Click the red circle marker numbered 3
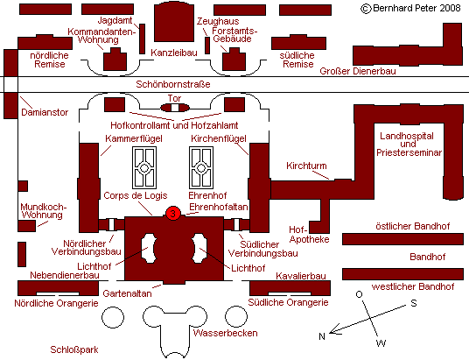point(173,214)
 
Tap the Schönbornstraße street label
point(173,84)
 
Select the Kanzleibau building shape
point(174,23)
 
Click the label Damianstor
point(45,112)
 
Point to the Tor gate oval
point(175,108)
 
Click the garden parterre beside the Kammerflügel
point(144,167)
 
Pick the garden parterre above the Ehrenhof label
point(201,167)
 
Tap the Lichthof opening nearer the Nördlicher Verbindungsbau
point(149,248)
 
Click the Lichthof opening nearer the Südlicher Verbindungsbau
point(199,248)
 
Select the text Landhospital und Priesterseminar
point(409,144)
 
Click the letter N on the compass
point(322,336)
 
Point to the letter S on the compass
point(414,303)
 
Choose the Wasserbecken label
point(225,333)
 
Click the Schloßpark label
point(74,349)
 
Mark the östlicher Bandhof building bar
point(402,239)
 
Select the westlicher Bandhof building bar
point(402,274)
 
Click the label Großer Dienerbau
point(358,71)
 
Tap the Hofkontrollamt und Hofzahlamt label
point(174,125)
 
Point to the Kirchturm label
point(306,166)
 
